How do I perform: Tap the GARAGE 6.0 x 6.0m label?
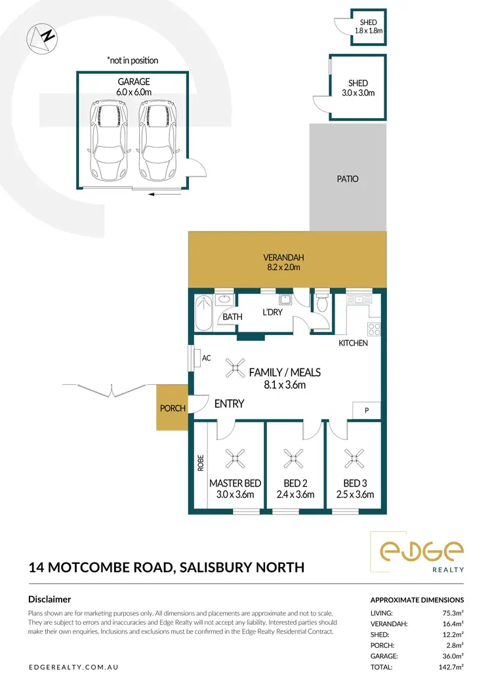click(x=134, y=87)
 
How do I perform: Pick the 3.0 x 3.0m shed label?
click(x=358, y=88)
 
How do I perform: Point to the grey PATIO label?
click(x=348, y=178)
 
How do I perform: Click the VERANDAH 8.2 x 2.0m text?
click(x=285, y=262)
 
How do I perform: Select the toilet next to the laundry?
click(x=321, y=303)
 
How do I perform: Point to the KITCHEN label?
click(x=353, y=343)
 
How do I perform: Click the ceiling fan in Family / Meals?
click(x=234, y=370)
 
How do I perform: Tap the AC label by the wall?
click(x=207, y=358)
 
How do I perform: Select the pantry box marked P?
click(x=366, y=409)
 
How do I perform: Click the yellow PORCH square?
click(x=171, y=408)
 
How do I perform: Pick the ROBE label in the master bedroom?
click(x=201, y=464)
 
